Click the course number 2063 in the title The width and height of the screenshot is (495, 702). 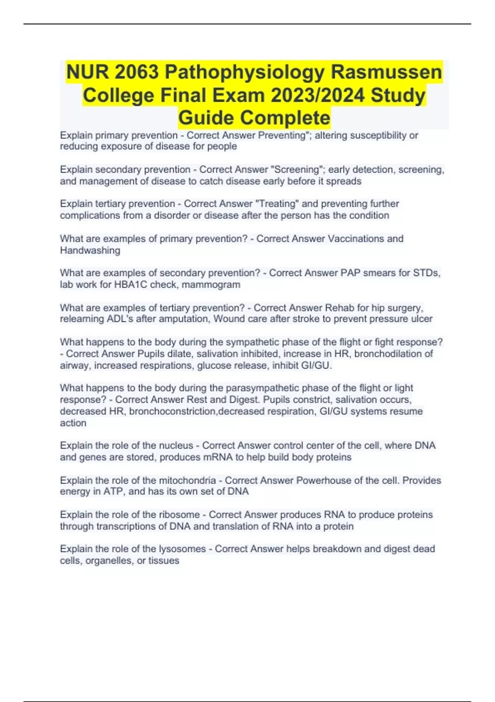134,73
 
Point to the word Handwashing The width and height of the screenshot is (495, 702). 90,250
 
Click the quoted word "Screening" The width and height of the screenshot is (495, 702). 297,170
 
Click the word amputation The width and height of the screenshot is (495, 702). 185,319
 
